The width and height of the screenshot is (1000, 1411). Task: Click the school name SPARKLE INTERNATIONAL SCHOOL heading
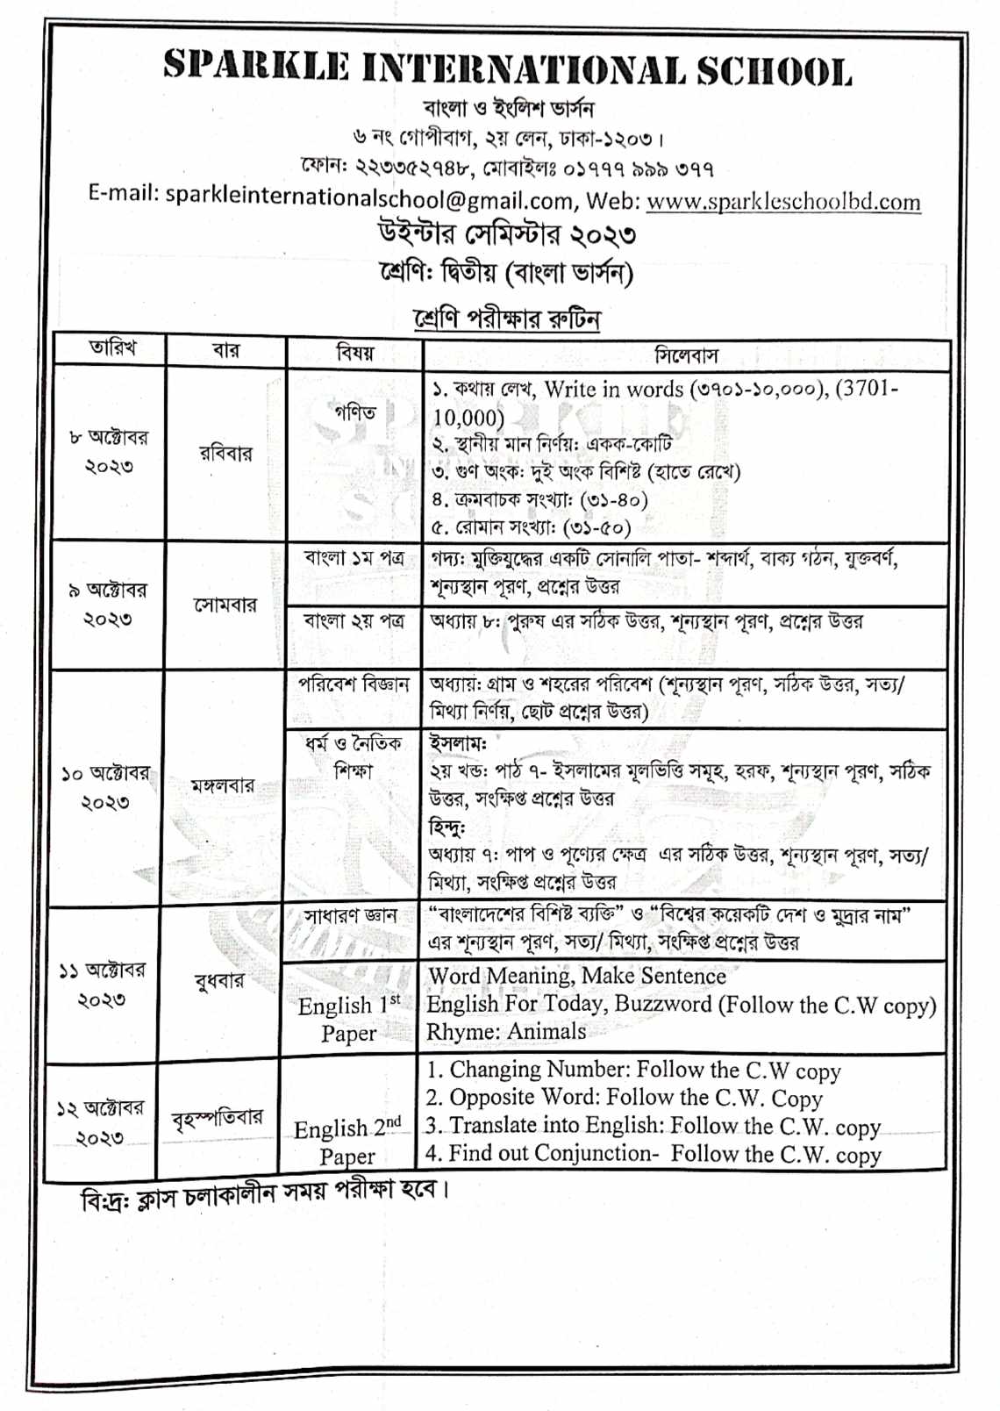tap(507, 68)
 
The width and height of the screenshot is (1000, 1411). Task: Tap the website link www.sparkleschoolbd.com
tap(783, 202)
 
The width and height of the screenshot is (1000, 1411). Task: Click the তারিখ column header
tap(112, 348)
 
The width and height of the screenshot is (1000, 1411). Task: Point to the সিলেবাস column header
tap(686, 355)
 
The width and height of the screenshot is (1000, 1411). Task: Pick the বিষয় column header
tap(354, 353)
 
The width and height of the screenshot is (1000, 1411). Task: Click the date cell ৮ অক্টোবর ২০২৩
tap(109, 451)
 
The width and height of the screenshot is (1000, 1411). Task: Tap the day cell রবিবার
tap(225, 454)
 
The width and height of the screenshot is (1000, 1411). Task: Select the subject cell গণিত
tap(354, 412)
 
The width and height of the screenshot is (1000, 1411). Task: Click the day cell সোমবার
tap(225, 605)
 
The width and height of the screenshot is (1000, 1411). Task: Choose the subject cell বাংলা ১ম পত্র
tap(354, 559)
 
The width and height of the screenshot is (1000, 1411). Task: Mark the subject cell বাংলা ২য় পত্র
tap(354, 621)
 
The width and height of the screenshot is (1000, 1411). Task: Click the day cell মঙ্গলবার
tap(223, 786)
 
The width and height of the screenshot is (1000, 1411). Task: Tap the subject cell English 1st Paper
tap(348, 1019)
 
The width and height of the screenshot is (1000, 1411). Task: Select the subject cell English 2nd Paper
tap(347, 1141)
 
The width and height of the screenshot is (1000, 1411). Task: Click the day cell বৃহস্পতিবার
tap(218, 1118)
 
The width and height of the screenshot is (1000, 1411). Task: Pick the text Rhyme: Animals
tap(506, 1032)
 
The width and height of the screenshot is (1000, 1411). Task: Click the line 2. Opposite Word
tap(625, 1098)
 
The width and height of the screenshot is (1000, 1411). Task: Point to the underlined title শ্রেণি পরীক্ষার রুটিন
tap(507, 319)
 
